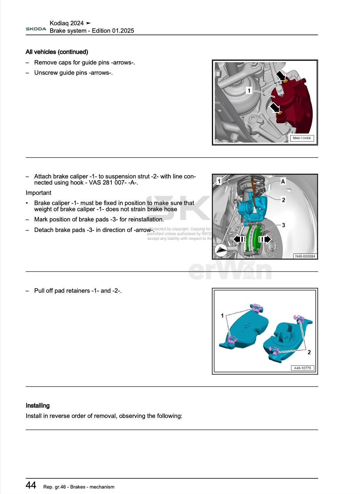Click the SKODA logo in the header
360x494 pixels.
(x=36, y=29)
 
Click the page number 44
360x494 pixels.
(x=31, y=485)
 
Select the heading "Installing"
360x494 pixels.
(x=37, y=406)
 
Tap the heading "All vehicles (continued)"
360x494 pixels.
(x=57, y=52)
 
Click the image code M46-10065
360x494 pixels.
(x=302, y=138)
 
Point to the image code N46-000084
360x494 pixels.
(x=305, y=256)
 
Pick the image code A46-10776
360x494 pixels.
(x=302, y=368)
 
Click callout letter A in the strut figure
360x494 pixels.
(x=283, y=181)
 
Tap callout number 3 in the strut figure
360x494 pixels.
(x=283, y=225)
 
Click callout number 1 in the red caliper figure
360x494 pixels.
(x=249, y=91)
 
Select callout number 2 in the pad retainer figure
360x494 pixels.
(x=309, y=352)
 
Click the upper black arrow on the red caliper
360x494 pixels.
(x=281, y=76)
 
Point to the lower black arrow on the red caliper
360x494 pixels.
(x=274, y=108)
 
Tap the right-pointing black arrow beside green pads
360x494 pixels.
(x=265, y=239)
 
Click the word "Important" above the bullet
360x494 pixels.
(x=39, y=193)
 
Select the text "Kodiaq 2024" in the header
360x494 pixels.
(x=66, y=23)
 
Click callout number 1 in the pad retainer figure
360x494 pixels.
(x=222, y=316)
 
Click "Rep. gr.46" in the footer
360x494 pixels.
(x=55, y=487)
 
